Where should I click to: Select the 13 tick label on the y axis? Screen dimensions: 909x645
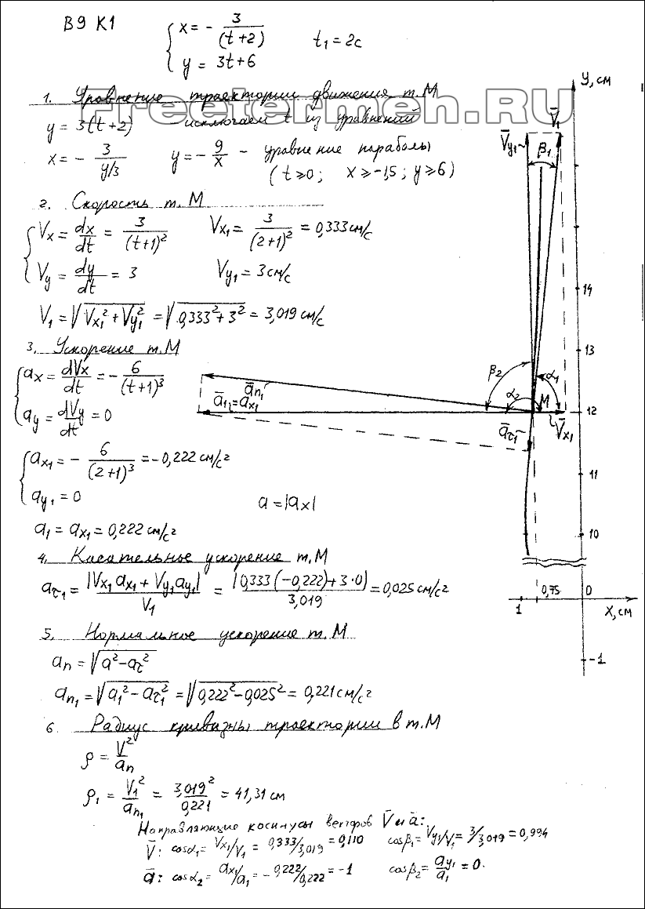(591, 350)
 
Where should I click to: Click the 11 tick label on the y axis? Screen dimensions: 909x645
(592, 474)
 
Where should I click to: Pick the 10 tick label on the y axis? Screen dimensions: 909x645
(592, 533)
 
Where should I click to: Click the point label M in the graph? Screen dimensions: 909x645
(541, 401)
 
